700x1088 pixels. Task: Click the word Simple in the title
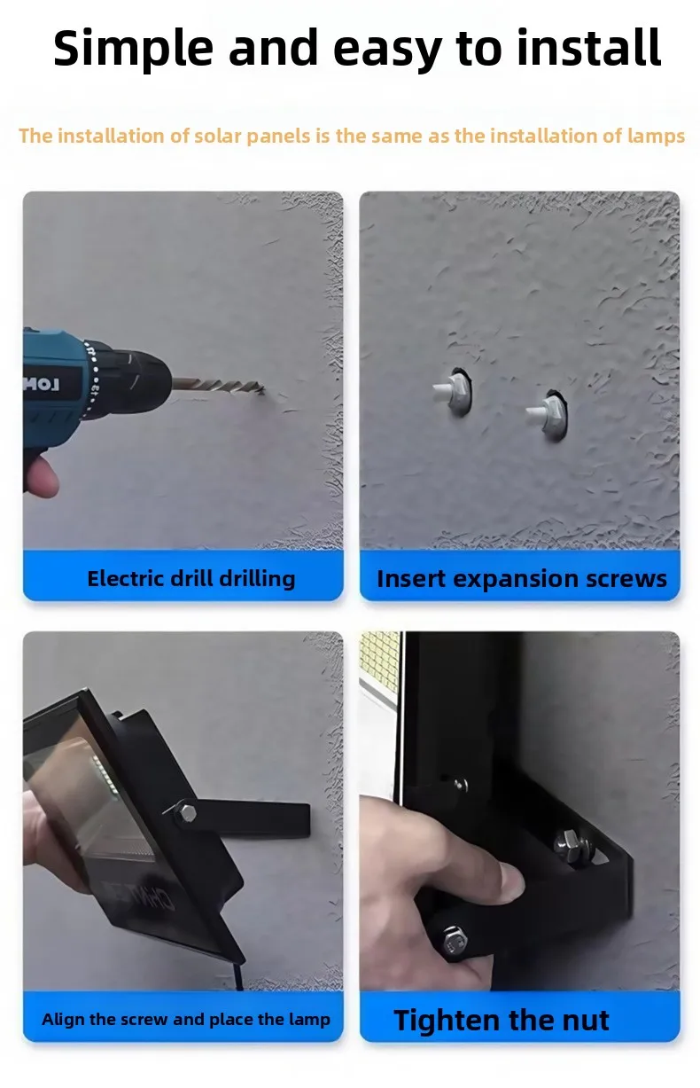pyautogui.click(x=133, y=49)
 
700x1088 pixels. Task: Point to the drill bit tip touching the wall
pyautogui.click(x=262, y=389)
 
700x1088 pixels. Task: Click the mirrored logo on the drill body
pyautogui.click(x=42, y=385)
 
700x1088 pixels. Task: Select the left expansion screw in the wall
pyautogui.click(x=453, y=392)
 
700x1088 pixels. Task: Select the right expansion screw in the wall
pyautogui.click(x=548, y=415)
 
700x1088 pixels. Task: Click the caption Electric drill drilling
pyautogui.click(x=191, y=579)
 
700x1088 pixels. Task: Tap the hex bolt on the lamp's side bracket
pyautogui.click(x=184, y=812)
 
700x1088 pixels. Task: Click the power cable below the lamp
pyautogui.click(x=238, y=975)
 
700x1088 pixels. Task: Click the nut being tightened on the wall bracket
pyautogui.click(x=569, y=841)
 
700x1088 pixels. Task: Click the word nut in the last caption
pyautogui.click(x=585, y=1020)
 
